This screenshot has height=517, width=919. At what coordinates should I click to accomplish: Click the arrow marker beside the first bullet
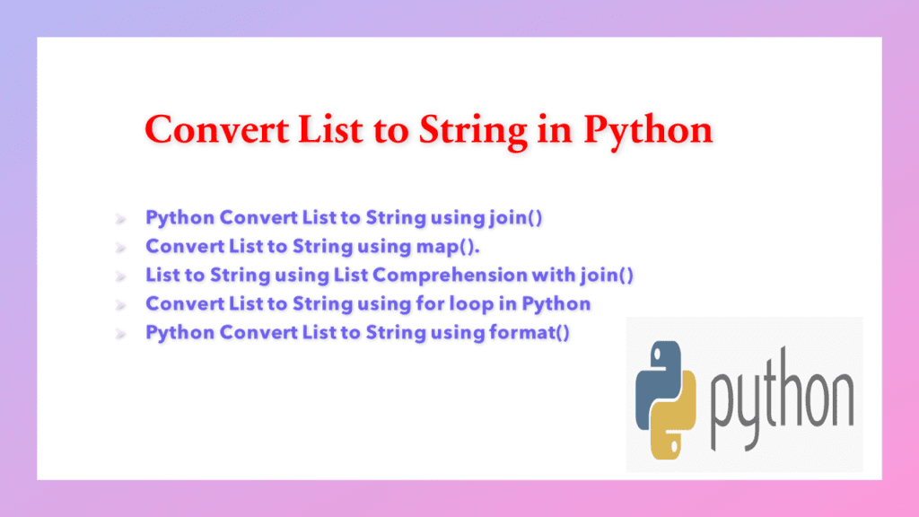pos(119,218)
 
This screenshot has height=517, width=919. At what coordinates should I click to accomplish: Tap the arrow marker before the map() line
pos(119,247)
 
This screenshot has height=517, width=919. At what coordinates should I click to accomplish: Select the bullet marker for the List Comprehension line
pos(119,276)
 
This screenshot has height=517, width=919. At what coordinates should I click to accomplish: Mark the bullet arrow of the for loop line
pos(119,304)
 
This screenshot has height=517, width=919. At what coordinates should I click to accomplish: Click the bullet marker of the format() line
pos(119,333)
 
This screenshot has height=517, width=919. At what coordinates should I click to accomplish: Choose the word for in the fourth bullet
pos(430,303)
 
